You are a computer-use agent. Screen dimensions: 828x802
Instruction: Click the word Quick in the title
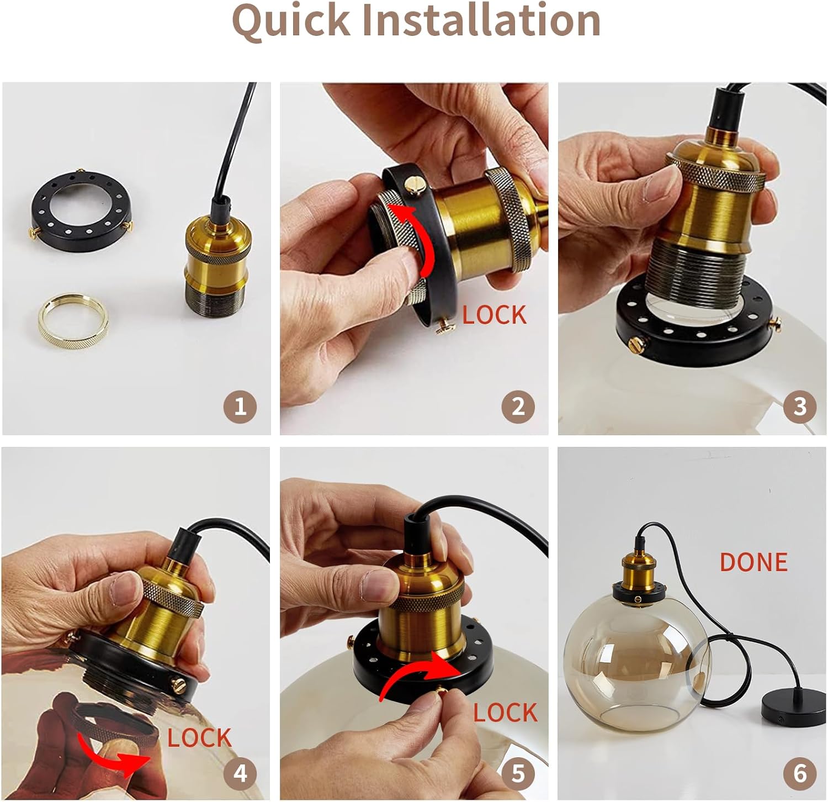click(291, 20)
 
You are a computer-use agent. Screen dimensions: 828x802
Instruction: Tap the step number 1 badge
click(240, 407)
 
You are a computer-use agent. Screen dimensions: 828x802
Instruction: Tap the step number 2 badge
click(518, 407)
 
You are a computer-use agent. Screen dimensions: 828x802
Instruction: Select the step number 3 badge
click(800, 407)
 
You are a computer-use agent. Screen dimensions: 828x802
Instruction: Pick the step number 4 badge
click(240, 773)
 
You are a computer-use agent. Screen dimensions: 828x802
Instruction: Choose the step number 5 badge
click(518, 773)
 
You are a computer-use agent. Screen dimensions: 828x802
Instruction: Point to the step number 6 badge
click(800, 773)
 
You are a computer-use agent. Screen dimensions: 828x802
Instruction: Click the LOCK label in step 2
click(494, 315)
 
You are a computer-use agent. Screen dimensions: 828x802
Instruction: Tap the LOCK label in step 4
click(199, 738)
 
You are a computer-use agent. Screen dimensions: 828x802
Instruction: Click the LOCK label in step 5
click(505, 713)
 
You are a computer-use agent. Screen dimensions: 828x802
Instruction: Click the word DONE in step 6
click(753, 562)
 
